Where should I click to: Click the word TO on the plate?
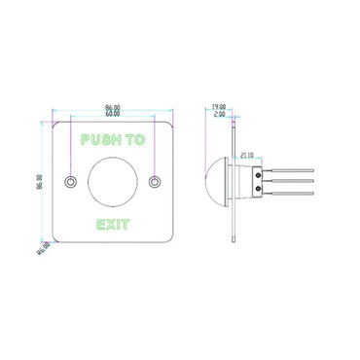pos(134,139)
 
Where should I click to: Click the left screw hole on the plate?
pos(69,181)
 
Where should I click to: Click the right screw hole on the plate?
pos(155,181)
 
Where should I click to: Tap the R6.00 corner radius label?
pos(44,248)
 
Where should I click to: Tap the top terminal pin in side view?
pos(292,168)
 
